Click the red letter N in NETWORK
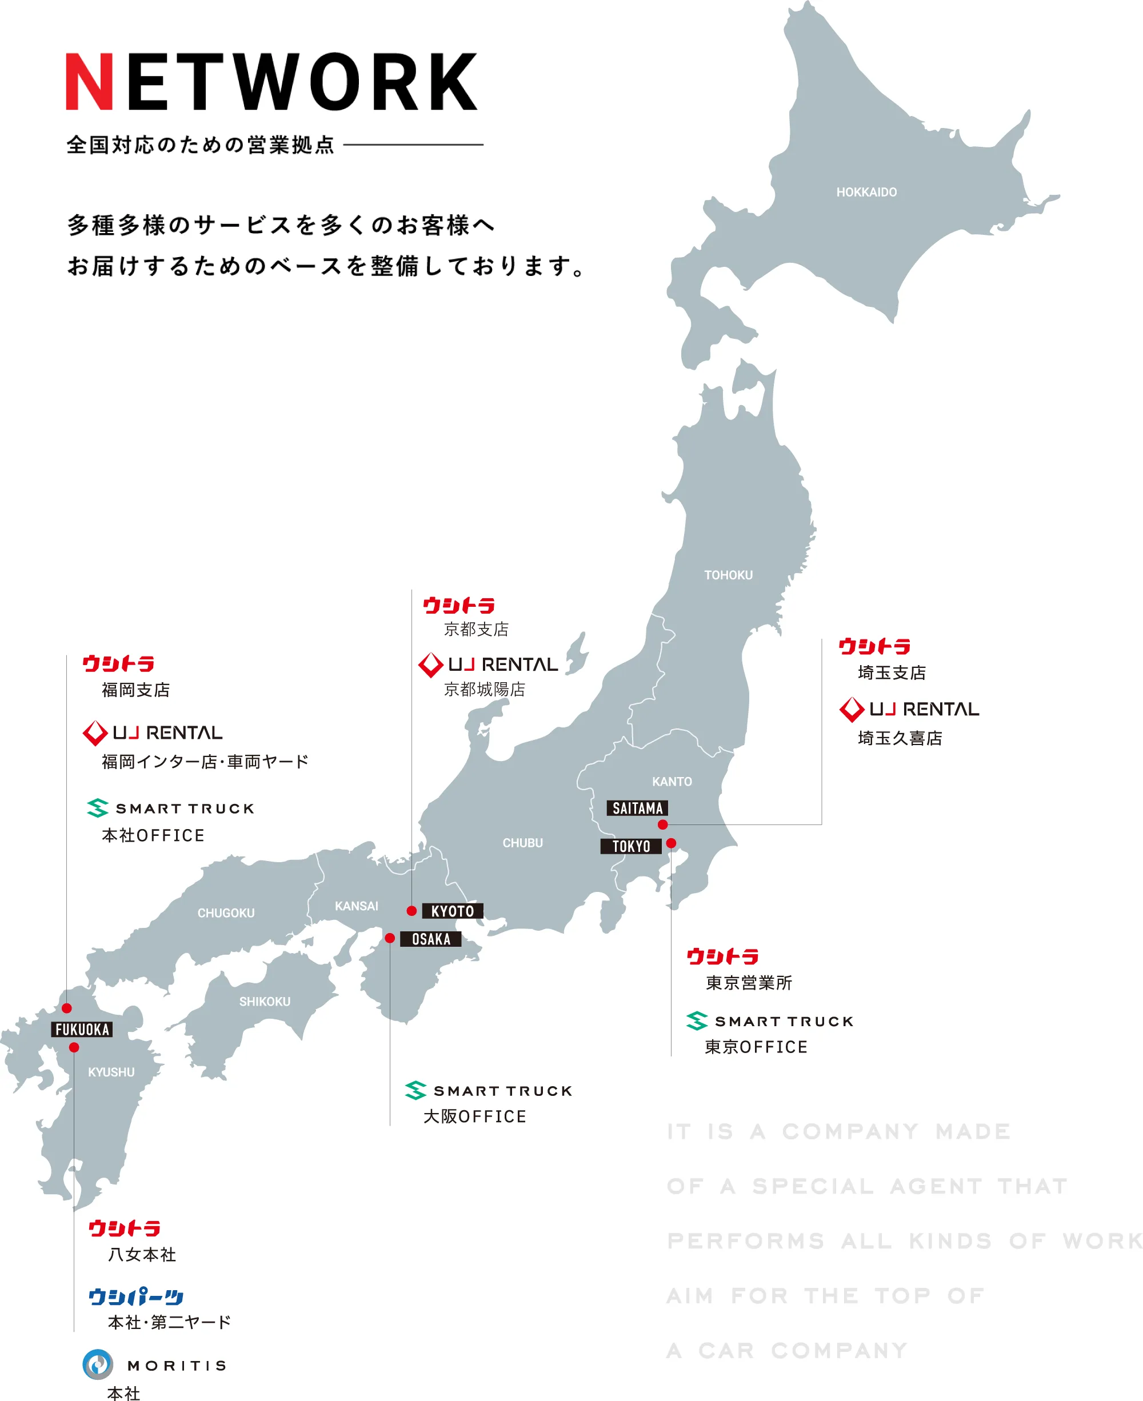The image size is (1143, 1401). pyautogui.click(x=89, y=82)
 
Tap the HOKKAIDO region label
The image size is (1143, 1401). pyautogui.click(x=866, y=192)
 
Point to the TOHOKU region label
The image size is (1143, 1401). pyautogui.click(x=728, y=575)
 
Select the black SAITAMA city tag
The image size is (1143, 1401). pyautogui.click(x=637, y=808)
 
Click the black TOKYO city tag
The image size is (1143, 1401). pyautogui.click(x=631, y=846)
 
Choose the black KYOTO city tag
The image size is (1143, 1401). pyautogui.click(x=452, y=911)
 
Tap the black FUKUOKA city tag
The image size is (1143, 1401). pyautogui.click(x=82, y=1029)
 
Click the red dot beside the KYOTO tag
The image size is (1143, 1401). pyautogui.click(x=411, y=911)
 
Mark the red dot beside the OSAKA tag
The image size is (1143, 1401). pyautogui.click(x=390, y=938)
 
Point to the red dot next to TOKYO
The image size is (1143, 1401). pyautogui.click(x=671, y=843)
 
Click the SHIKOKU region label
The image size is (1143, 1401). pyautogui.click(x=265, y=1002)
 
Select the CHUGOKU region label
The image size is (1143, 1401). pyautogui.click(x=226, y=913)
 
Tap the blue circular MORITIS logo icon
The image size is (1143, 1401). pyautogui.click(x=98, y=1365)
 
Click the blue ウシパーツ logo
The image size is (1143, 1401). pyautogui.click(x=135, y=1297)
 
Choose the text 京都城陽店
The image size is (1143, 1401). pyautogui.click(x=485, y=689)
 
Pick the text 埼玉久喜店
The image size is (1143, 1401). pyautogui.click(x=900, y=738)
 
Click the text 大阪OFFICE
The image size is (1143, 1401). pyautogui.click(x=475, y=1116)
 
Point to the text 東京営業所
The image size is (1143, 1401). pyautogui.click(x=749, y=983)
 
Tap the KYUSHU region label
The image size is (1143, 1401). pyautogui.click(x=111, y=1072)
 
